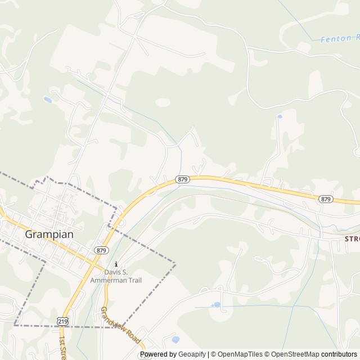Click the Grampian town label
pyautogui.click(x=49, y=235)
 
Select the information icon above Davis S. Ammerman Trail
pyautogui.click(x=116, y=264)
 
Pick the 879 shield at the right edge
pyautogui.click(x=326, y=199)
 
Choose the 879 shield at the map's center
pyautogui.click(x=182, y=179)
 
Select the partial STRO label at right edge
pyautogui.click(x=352, y=238)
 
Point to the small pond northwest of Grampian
pyautogui.click(x=47, y=100)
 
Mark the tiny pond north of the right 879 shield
pyautogui.click(x=280, y=116)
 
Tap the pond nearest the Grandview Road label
pyautogui.click(x=175, y=340)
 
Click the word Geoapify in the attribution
pyautogui.click(x=192, y=354)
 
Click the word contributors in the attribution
pyautogui.click(x=339, y=354)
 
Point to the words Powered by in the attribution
pyautogui.click(x=158, y=354)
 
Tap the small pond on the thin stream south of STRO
pyautogui.click(x=216, y=305)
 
